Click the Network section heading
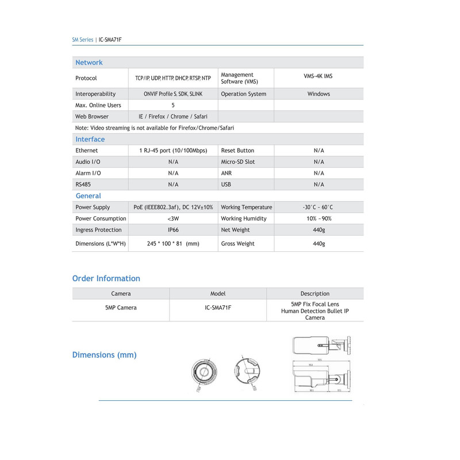pos(89,63)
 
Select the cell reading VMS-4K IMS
pos(318,76)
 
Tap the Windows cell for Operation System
pos(319,94)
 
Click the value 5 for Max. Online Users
pos(173,105)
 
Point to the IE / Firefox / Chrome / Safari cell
pos(173,117)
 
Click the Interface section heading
pos(90,139)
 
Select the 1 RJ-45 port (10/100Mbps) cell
pos(173,151)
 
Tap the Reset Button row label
pos(237,151)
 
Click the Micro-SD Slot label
pos(237,162)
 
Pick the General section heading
pos(88,196)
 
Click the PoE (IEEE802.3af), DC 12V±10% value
pos(173,207)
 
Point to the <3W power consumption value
pos(173,218)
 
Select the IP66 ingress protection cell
pos(173,230)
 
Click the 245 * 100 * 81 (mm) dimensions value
pos(173,244)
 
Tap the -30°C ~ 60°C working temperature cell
pos(318,207)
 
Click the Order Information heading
pos(106,278)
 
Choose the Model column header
pos(218,294)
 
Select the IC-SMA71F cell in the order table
pos(218,308)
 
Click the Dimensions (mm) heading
pos(104,355)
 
